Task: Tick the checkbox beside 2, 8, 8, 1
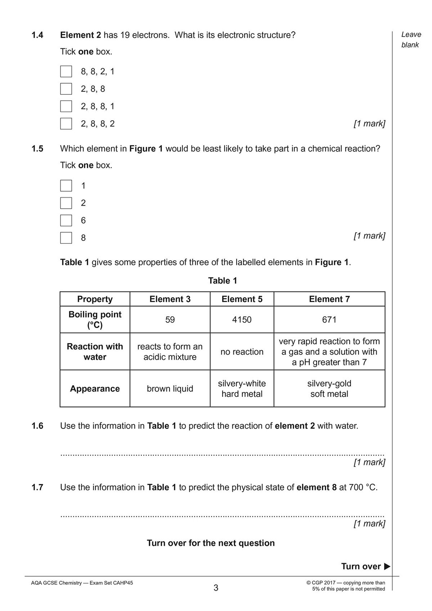pos(66,106)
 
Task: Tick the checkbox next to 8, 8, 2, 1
pos(66,71)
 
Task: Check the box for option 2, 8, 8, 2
pos(66,123)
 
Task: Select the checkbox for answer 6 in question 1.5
pos(66,220)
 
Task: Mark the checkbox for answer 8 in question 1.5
pos(66,238)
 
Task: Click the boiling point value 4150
pos(242,320)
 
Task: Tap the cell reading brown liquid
pos(170,389)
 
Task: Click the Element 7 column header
pos(329,299)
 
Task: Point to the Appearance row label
pos(95,389)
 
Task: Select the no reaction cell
pos(242,352)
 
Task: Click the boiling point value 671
pos(329,320)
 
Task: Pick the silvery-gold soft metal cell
pos(329,389)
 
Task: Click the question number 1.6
pos(37,426)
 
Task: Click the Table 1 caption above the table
pos(222,281)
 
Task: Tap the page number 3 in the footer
pos(216,588)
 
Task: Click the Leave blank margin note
pos(411,40)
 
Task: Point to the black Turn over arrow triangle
pos(387,566)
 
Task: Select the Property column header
pos(95,299)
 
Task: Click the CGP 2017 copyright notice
pos(348,586)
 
